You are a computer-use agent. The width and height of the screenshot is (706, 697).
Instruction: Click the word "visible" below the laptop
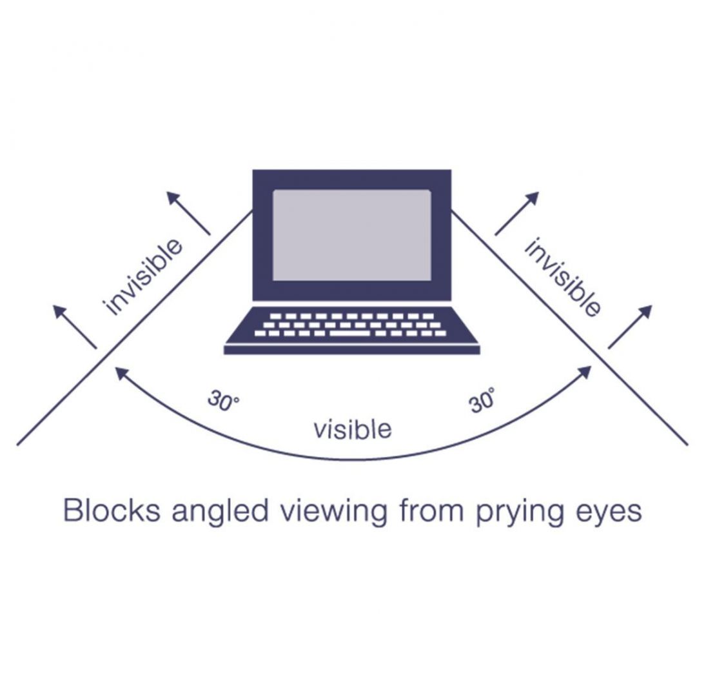coord(353,429)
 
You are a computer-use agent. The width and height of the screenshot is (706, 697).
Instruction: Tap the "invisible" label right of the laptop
coord(563,277)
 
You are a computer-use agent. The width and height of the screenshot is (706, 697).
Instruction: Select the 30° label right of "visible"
coord(482,400)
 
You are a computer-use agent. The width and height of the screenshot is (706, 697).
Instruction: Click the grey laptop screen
coord(351,235)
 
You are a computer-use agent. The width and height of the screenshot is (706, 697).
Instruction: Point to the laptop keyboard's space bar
coord(350,334)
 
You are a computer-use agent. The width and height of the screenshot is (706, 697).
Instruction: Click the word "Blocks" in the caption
coord(112,510)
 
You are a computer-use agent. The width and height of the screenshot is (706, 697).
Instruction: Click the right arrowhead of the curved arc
coord(585,371)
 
